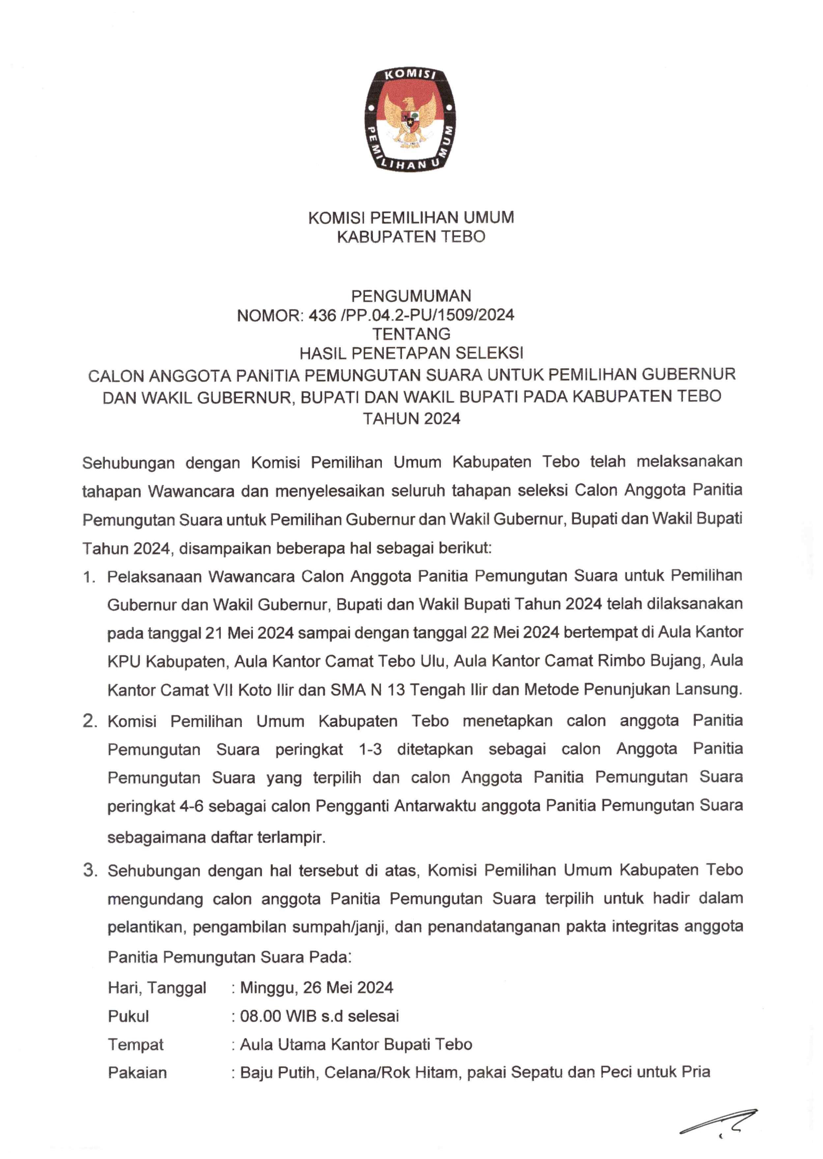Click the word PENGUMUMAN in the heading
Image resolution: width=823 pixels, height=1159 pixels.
[411, 296]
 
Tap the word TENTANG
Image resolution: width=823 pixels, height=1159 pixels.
[411, 334]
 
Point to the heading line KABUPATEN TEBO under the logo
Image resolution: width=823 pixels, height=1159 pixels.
[411, 236]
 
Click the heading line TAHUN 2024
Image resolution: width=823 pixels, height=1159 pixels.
[411, 419]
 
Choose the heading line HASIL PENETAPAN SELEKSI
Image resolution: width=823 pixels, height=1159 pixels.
[411, 353]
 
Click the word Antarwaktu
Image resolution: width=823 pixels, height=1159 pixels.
[435, 805]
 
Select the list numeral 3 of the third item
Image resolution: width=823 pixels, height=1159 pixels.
[90, 871]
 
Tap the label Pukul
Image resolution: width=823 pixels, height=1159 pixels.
[128, 1016]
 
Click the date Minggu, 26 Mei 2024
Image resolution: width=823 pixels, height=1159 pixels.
[317, 988]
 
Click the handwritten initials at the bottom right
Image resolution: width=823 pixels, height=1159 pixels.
[720, 1125]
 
